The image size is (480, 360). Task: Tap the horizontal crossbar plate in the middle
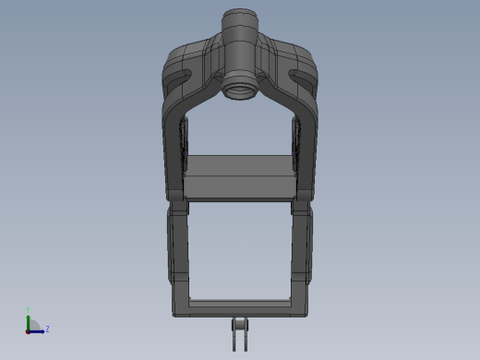240,175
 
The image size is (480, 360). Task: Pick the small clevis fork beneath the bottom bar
241,333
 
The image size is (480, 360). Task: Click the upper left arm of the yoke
174,138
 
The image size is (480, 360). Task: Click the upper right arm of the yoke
306,138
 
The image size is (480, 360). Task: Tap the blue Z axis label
47,329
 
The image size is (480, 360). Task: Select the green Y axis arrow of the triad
29,321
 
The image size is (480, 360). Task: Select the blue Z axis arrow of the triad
38,330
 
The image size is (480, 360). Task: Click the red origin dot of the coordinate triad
29,330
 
